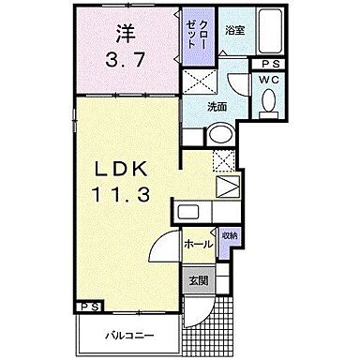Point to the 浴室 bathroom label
[x=234, y=30]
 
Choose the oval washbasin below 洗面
[x=220, y=137]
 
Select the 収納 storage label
[x=230, y=233]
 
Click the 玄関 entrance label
[x=197, y=278]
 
